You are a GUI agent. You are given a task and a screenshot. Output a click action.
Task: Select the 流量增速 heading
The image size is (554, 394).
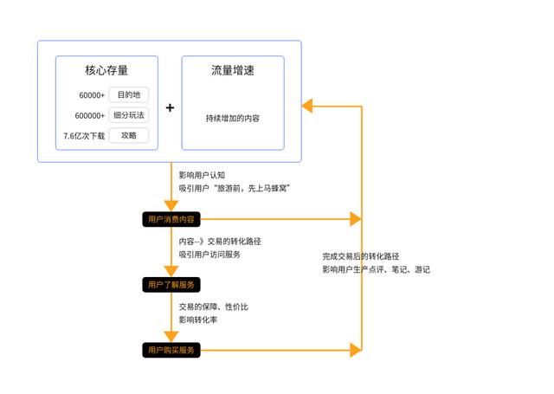pos(233,71)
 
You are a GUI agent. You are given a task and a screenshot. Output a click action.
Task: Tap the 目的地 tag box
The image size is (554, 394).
pos(128,94)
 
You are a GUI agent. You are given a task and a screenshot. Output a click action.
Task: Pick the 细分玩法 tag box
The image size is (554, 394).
pos(128,115)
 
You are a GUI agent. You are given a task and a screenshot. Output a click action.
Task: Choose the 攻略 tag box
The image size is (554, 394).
pos(128,135)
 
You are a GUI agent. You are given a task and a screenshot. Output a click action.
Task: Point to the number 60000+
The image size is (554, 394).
pos(91,95)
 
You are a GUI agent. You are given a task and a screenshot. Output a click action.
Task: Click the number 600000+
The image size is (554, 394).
pos(89,115)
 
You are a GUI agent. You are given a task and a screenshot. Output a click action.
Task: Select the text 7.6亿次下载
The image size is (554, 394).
pos(84,136)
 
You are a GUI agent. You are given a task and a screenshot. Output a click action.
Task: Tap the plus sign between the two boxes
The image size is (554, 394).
pos(170,107)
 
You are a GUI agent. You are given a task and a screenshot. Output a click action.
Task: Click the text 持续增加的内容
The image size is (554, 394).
pos(232,117)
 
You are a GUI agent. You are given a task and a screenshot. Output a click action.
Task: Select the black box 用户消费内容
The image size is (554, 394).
pos(171,219)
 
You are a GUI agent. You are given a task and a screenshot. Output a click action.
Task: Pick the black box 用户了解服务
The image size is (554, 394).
pos(171,284)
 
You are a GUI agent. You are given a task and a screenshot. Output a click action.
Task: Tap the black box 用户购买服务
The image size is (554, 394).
pos(171,350)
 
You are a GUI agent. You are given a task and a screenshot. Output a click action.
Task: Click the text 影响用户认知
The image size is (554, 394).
pos(202,175)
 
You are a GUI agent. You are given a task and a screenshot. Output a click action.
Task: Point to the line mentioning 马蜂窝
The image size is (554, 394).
pos(234,188)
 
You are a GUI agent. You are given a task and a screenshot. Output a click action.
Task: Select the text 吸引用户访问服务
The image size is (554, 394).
pos(209,255)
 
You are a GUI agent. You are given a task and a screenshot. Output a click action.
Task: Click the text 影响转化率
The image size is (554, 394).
pos(198,320)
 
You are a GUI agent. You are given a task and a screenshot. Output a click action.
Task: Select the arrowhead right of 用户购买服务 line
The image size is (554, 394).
pos(355,350)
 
